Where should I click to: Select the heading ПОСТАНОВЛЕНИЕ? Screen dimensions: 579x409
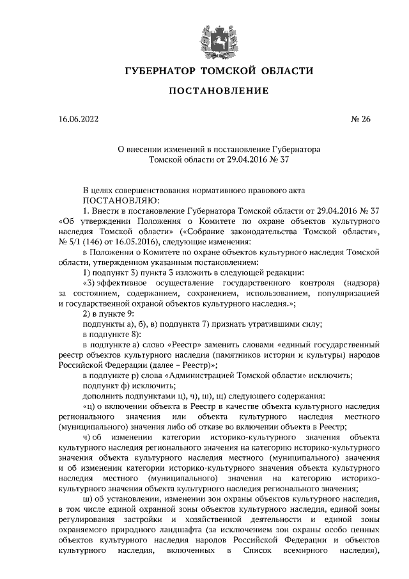pos(218,91)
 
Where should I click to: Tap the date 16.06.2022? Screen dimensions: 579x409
pos(78,118)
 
